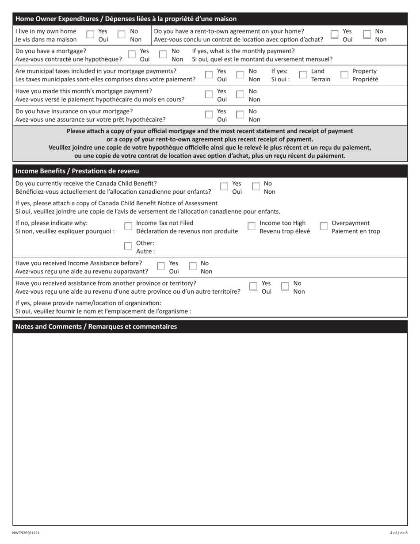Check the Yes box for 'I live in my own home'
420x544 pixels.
pos(90,35)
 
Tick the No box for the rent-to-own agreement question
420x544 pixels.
pos(367,35)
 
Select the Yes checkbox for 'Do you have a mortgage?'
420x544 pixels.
pos(131,54)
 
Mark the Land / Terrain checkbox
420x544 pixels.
pos(303,75)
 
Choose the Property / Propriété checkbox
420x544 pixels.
pos(344,75)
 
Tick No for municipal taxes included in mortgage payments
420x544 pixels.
pos(241,75)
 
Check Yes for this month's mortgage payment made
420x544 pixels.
pos(209,95)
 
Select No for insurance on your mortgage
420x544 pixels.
pos(241,115)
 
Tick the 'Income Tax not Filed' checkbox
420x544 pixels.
pos(128,226)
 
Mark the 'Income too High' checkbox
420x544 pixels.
pos(251,226)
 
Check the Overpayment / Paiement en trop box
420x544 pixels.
pos(323,226)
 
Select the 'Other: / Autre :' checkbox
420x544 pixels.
pos(128,246)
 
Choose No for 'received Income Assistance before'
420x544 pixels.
pos(193,267)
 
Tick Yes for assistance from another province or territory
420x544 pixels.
pos(253,287)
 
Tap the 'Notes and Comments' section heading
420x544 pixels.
pos(96,327)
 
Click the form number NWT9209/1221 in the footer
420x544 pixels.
pos(26,533)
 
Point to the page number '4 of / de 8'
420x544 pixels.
pos(398,533)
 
